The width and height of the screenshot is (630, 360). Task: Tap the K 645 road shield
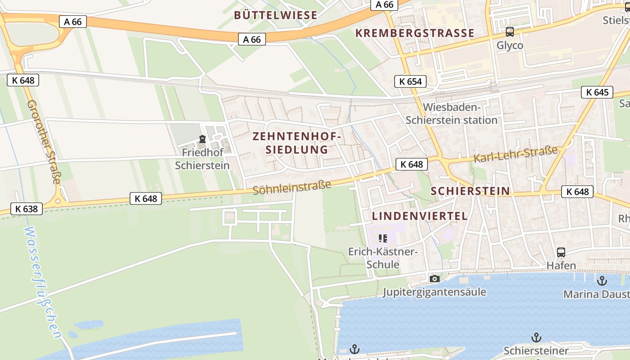coord(597,93)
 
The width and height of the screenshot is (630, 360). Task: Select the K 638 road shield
coord(27,209)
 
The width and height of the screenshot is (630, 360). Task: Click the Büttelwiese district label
coord(275,15)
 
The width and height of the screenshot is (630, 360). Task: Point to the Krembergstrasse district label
coord(414,33)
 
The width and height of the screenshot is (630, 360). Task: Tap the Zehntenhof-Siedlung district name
coord(297,143)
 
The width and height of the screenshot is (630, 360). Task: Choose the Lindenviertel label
coord(419,216)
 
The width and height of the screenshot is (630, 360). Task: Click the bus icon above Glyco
coord(509,32)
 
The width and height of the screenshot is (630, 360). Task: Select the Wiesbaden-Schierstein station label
coord(451,114)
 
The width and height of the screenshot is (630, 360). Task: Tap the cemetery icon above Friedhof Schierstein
coord(202,139)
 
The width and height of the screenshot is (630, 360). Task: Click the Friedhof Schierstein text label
coord(202,159)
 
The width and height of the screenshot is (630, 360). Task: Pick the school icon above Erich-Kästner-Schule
coord(383,238)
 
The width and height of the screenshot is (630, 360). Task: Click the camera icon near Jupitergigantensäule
coord(434,279)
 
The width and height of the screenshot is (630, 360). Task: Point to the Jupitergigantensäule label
coord(434,292)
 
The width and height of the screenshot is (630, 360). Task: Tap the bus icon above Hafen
coord(561,252)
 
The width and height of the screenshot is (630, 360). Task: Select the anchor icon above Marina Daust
coord(602,281)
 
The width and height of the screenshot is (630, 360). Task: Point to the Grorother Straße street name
coord(44,142)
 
